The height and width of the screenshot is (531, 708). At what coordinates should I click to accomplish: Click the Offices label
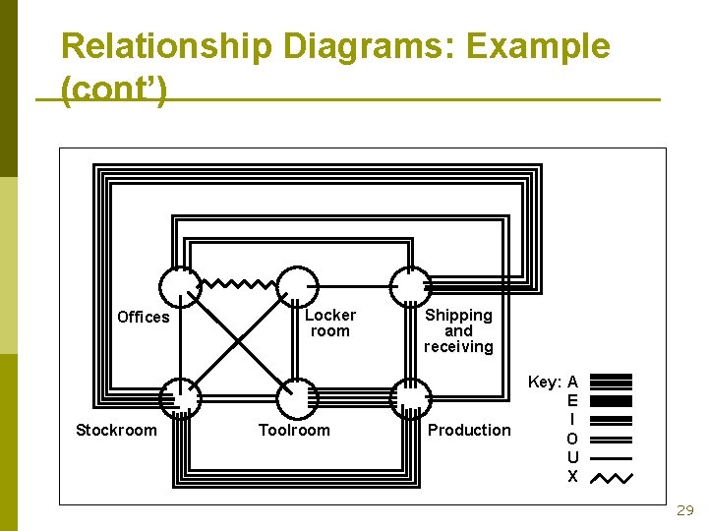point(143,317)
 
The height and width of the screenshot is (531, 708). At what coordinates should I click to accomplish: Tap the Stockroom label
point(116,430)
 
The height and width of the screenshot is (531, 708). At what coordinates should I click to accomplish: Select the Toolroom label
point(294,430)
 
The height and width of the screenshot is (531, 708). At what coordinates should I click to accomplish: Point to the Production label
point(469,430)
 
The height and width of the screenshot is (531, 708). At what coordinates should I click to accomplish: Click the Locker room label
point(329,323)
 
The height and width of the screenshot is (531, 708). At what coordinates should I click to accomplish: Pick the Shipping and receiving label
point(458,330)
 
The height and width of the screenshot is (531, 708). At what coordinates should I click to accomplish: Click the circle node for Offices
point(181,286)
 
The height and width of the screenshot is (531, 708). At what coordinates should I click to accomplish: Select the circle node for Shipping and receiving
point(410,286)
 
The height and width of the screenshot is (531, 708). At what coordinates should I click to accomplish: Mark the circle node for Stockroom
point(181,398)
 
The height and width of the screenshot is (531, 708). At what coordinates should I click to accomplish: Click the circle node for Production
point(410,398)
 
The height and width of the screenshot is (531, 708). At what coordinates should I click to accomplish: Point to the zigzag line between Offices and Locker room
point(239,284)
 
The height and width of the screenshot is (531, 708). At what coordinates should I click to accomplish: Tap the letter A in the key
point(572,382)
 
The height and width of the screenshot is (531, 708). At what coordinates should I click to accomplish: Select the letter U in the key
point(572,458)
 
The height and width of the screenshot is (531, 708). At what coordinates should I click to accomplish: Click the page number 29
point(684,510)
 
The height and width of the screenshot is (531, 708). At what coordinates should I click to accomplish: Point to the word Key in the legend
point(545,382)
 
